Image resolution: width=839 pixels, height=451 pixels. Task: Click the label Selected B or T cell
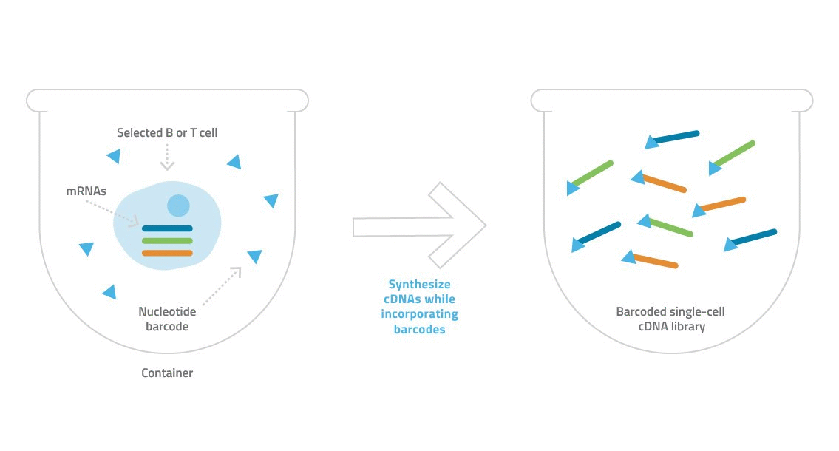(167, 132)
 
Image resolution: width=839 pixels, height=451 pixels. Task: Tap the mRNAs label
(86, 191)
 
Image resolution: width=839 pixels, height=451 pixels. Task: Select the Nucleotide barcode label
(167, 319)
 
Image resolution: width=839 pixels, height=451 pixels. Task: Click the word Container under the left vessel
(167, 373)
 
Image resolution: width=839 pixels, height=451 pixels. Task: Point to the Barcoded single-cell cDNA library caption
(670, 319)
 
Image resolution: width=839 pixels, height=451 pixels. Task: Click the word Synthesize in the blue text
(420, 285)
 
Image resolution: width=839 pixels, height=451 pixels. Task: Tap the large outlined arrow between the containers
(420, 225)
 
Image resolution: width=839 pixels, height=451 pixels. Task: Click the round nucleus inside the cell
(178, 206)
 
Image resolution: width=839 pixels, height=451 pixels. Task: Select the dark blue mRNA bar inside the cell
(167, 228)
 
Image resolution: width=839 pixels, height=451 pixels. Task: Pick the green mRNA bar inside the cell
(167, 241)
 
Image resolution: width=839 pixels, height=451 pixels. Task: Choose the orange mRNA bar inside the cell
(167, 253)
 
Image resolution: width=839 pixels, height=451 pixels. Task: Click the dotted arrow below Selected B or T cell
(167, 157)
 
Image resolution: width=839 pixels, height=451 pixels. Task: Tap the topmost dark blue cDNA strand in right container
(672, 139)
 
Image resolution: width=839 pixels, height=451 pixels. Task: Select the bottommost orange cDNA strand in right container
(650, 260)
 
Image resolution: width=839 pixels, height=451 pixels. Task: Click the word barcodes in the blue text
(420, 329)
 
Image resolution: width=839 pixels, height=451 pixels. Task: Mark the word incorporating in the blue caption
(420, 314)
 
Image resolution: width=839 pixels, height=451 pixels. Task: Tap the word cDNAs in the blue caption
(402, 299)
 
